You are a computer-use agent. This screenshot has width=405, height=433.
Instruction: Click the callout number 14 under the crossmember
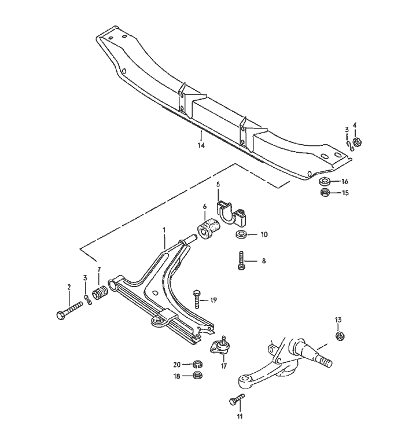coord(201,145)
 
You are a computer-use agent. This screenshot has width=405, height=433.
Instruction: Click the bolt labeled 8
coord(241,261)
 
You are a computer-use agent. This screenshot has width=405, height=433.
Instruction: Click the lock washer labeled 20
coord(197,364)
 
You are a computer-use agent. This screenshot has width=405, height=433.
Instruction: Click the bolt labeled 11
coord(237,398)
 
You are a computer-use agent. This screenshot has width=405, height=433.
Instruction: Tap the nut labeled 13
coord(340,335)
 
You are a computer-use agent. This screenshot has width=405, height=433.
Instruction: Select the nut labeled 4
coord(356,141)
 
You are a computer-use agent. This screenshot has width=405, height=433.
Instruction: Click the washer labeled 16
coord(325,182)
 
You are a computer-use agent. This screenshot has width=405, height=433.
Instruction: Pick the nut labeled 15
coord(325,193)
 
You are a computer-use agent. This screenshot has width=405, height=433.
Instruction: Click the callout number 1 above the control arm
coord(164,230)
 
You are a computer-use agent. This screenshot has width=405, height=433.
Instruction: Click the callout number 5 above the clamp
coord(218,184)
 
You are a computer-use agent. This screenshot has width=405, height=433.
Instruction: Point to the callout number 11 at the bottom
coord(240,416)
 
